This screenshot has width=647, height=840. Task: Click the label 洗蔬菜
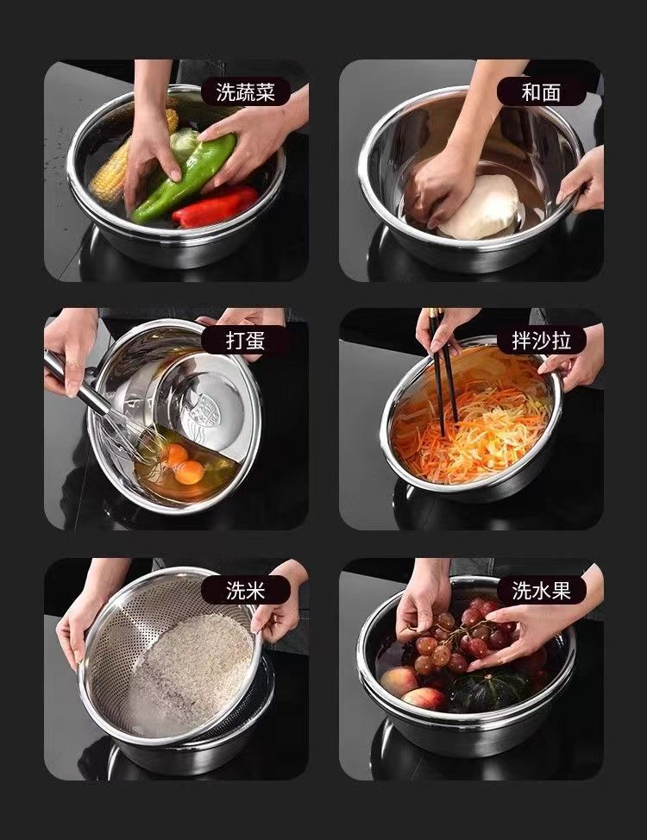pyautogui.click(x=246, y=92)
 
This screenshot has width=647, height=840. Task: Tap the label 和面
pyautogui.click(x=541, y=92)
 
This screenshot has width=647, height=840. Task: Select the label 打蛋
pyautogui.click(x=246, y=340)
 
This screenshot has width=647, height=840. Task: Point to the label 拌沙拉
pyautogui.click(x=541, y=340)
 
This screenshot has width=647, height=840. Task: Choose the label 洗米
pyautogui.click(x=246, y=591)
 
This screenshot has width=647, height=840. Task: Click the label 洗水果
pyautogui.click(x=541, y=591)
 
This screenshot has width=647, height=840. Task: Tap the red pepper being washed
pyautogui.click(x=216, y=206)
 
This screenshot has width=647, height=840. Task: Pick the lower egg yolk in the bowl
pyautogui.click(x=190, y=472)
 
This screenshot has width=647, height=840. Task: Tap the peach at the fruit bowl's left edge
pyautogui.click(x=399, y=681)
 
